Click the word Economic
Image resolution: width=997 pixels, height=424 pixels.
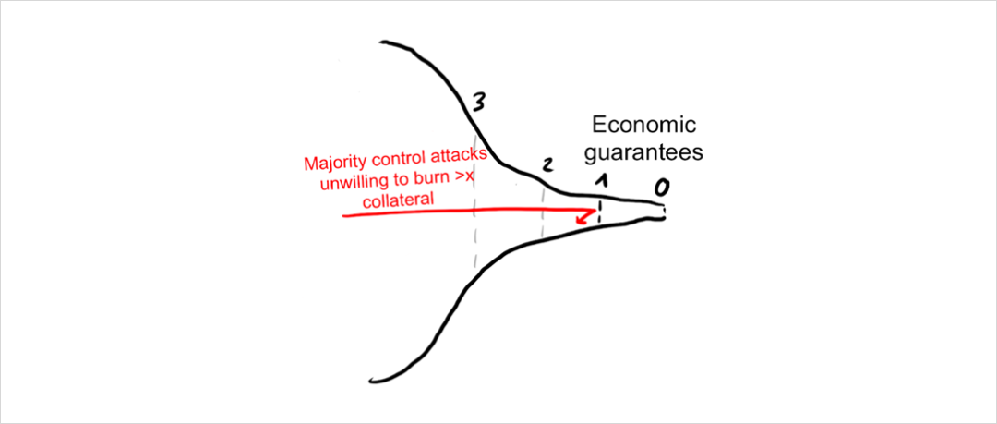click(643, 126)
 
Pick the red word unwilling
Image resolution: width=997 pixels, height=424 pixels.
click(351, 182)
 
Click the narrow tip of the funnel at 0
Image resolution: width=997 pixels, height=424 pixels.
click(662, 212)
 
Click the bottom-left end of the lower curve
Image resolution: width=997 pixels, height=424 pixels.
click(369, 380)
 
